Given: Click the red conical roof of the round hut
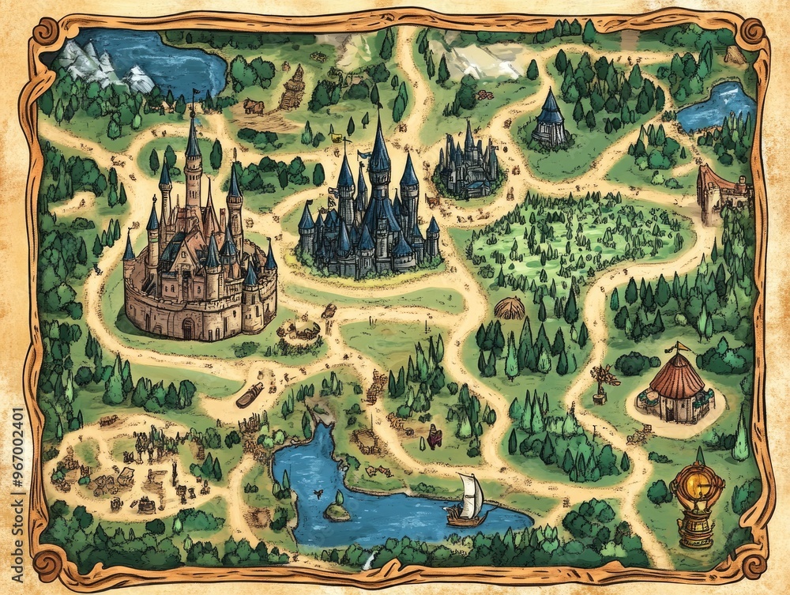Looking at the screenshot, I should [676, 376].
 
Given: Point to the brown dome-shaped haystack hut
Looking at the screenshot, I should [510, 307].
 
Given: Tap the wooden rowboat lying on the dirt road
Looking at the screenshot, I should [250, 394].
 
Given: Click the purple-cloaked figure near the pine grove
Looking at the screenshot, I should [434, 432].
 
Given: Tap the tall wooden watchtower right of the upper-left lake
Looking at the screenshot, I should [294, 87].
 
